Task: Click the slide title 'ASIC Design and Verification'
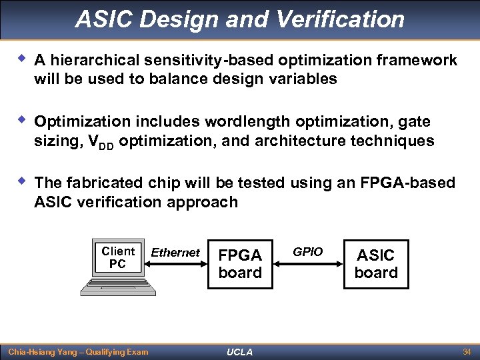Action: coord(240,19)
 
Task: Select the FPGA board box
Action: coord(240,264)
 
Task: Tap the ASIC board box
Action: coord(376,264)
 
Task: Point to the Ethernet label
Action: coord(175,253)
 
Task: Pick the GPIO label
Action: coord(308,251)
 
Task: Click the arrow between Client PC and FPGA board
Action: coord(175,264)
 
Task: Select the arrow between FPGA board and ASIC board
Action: coord(308,264)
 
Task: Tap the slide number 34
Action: coord(466,351)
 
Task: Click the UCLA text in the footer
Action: coord(240,352)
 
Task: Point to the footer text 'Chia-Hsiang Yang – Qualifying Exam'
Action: coord(78,351)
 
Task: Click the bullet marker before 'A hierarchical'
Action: coord(21,59)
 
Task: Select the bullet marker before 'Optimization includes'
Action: coord(21,121)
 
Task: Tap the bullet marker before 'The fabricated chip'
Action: coord(21,182)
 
